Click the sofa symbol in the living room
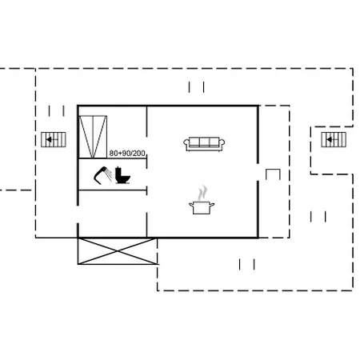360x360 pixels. (204, 144)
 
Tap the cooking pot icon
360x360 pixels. (202, 208)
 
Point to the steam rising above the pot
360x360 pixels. (203, 193)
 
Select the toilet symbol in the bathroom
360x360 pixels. (122, 175)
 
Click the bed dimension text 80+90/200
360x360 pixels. (127, 154)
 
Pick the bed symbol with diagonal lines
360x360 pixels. (93, 137)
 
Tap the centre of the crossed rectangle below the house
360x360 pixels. (118, 251)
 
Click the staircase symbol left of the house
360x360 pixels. (54, 139)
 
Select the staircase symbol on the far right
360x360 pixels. (334, 139)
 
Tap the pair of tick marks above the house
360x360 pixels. (197, 87)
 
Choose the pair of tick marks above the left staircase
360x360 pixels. (56, 111)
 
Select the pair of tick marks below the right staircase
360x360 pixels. (318, 217)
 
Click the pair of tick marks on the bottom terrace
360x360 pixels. (247, 264)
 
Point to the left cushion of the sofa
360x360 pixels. (194, 142)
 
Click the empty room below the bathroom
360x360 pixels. (113, 214)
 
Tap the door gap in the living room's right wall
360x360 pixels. (258, 172)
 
